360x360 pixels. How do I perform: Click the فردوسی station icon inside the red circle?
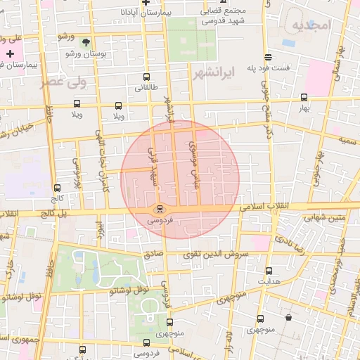tap(160, 209)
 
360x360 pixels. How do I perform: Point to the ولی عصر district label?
tap(83, 82)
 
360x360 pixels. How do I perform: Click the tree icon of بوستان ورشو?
tap(86, 43)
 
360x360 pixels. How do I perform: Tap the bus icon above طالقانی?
tap(146, 77)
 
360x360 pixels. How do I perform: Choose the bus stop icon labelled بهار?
tap(304, 98)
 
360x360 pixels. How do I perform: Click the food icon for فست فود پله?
tap(267, 57)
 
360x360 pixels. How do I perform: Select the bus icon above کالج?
tap(57, 188)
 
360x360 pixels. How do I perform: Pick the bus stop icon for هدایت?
tap(269, 271)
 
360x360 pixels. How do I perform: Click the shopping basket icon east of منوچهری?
tap(288, 317)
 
